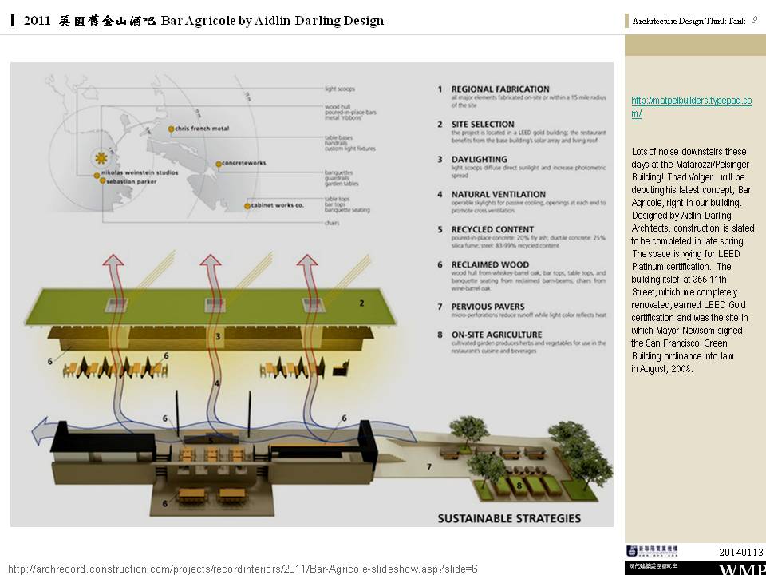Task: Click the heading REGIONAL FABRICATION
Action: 500,89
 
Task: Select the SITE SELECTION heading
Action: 483,125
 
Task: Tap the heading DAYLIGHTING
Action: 479,160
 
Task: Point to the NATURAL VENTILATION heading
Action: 499,194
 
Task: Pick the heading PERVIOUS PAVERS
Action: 488,307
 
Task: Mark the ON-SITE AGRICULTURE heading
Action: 496,335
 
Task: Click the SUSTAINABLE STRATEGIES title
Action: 509,518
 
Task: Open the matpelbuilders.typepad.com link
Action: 691,106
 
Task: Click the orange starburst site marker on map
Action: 101,157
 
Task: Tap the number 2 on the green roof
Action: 361,303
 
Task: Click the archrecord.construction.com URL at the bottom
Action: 243,568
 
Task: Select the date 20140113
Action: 740,553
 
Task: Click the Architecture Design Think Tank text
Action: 689,22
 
